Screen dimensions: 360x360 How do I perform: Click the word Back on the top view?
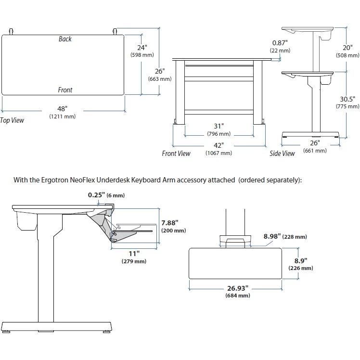click(65, 39)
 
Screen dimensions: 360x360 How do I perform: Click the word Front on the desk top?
click(65, 90)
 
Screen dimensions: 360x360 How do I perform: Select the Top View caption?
click(12, 120)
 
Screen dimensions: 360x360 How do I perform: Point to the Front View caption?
click(176, 154)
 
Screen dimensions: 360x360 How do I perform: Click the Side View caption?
click(282, 154)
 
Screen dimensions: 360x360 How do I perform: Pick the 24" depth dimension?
click(142, 48)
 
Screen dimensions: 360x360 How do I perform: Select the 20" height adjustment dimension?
click(348, 48)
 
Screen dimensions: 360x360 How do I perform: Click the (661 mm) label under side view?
click(315, 151)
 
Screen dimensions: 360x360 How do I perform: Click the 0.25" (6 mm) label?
click(105, 195)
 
